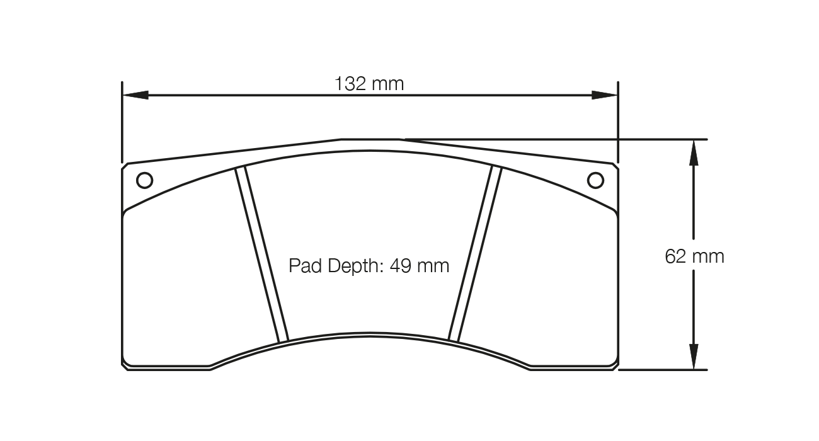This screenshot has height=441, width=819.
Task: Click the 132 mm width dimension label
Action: point(369,84)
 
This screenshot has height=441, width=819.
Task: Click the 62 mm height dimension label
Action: point(694,256)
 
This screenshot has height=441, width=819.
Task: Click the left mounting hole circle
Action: point(144,181)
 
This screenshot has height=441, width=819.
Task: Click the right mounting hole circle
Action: point(595,181)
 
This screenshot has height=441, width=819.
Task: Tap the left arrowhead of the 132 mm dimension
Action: point(135,95)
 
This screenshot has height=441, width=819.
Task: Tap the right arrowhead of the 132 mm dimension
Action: point(605,95)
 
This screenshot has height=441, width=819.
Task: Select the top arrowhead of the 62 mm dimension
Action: point(694,151)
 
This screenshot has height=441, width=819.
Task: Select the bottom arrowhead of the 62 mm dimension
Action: point(694,357)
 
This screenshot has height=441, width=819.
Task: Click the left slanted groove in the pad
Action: point(261,255)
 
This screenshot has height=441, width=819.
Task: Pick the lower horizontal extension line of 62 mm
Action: point(661,370)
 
